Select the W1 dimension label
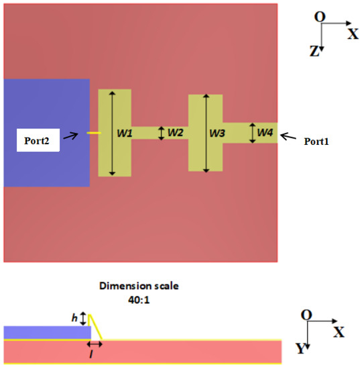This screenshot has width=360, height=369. tap(125, 134)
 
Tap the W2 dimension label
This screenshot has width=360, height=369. tap(176, 133)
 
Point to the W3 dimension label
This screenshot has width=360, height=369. tap(217, 134)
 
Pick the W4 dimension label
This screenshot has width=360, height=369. tap(265, 134)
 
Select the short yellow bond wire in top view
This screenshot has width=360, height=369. tap(94, 133)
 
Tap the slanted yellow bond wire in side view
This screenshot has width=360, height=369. tap(96, 327)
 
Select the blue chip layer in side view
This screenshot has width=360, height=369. tap(46, 332)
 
